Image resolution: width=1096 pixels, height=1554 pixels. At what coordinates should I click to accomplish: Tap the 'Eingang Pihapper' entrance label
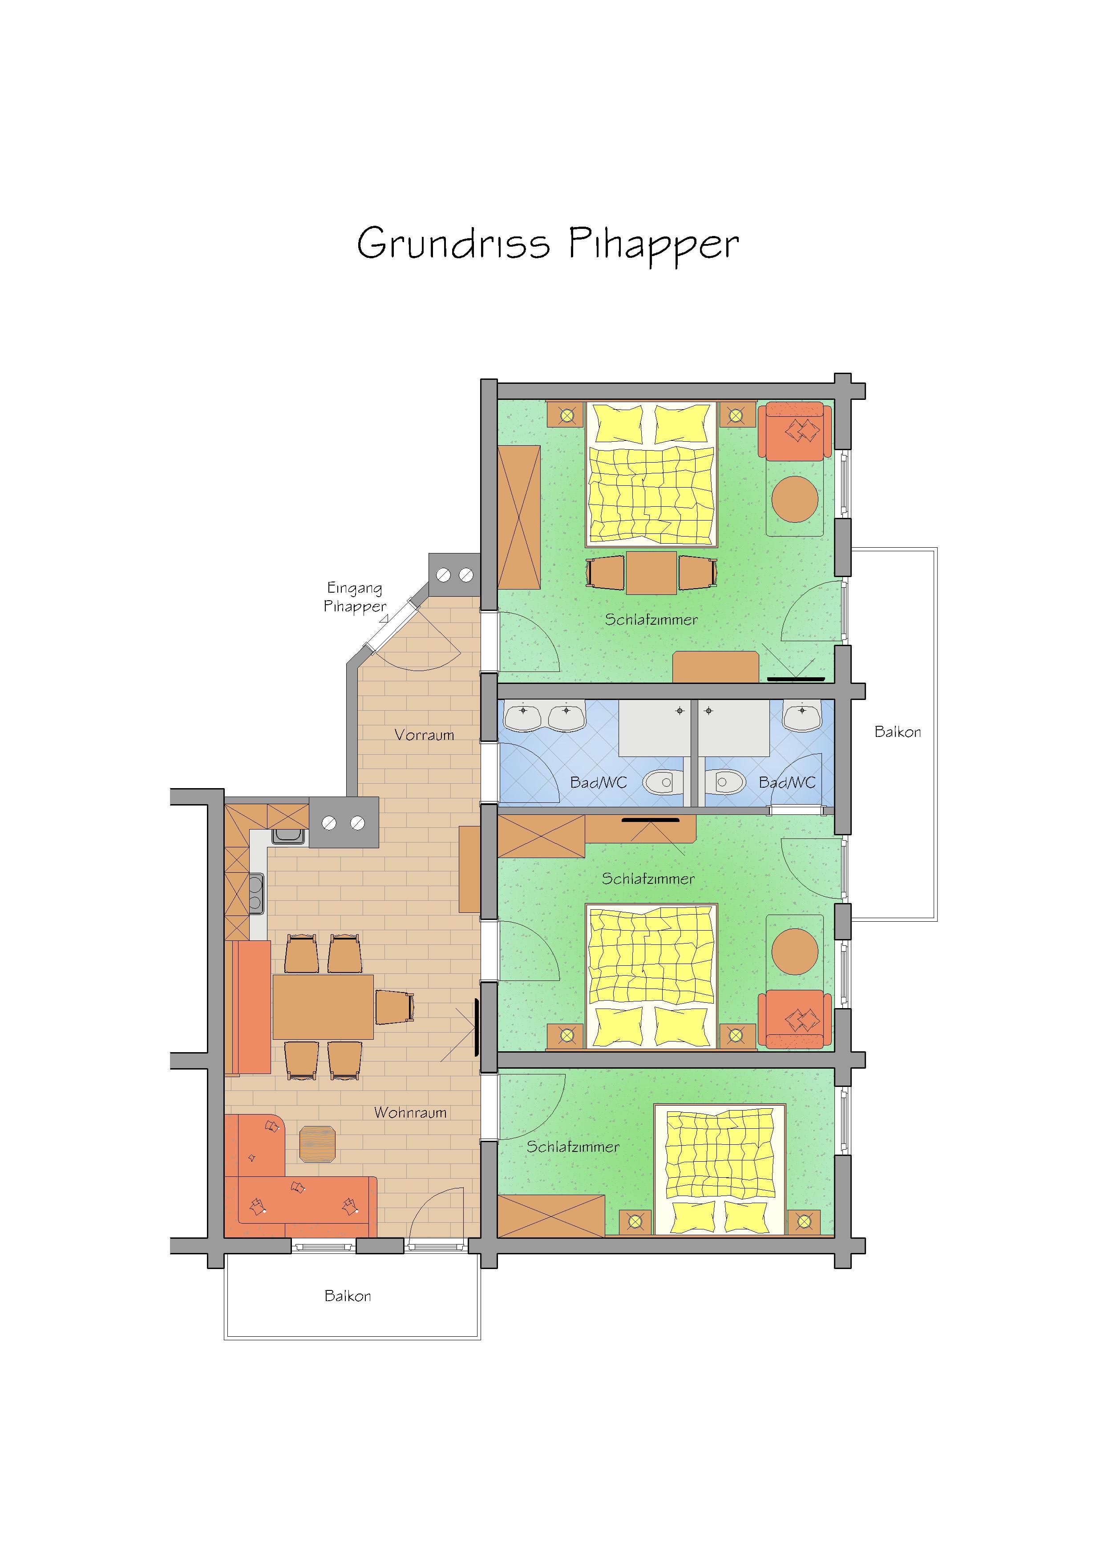coord(355,597)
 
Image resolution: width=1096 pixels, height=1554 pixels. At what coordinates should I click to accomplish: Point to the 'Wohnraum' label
coord(410,1112)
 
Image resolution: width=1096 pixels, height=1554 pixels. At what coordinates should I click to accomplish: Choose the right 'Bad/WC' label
coord(787,782)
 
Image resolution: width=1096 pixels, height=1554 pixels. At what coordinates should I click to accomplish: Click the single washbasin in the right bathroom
coord(802,716)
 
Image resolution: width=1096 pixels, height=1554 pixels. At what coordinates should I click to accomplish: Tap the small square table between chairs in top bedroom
coord(651,573)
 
